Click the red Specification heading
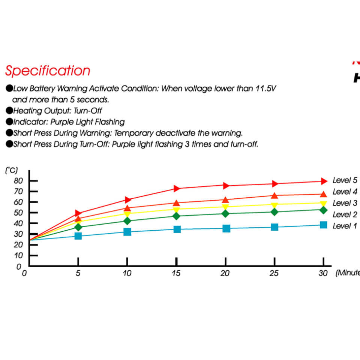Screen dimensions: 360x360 click(x=48, y=71)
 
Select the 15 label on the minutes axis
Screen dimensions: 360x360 click(x=176, y=273)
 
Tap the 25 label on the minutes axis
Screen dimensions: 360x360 click(x=274, y=273)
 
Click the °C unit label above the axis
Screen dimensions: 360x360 click(x=11, y=170)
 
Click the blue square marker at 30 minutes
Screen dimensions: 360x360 click(x=324, y=225)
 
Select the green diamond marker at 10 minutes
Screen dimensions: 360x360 click(x=127, y=221)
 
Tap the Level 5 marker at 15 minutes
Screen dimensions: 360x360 click(x=177, y=188)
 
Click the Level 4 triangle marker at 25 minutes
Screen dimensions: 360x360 click(x=274, y=195)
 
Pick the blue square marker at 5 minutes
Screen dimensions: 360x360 click(x=78, y=236)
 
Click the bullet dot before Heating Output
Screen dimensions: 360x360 click(x=9, y=111)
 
